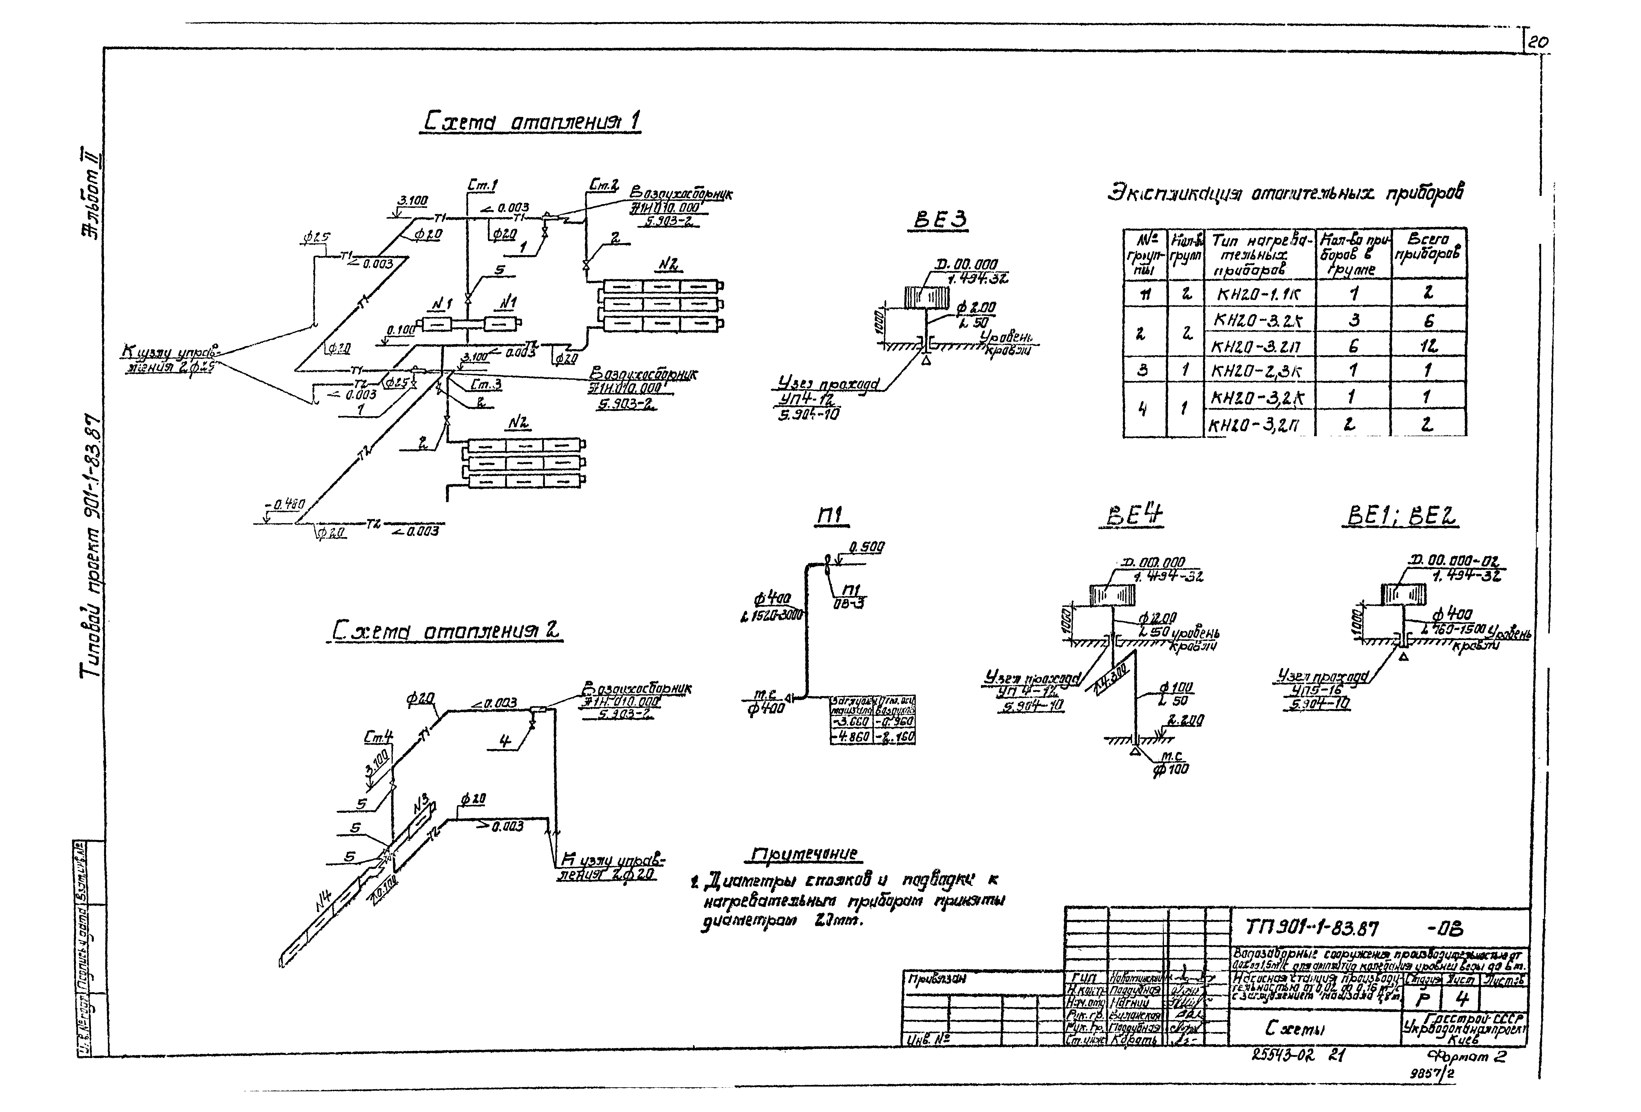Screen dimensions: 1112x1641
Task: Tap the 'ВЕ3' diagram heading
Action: pyautogui.click(x=940, y=221)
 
